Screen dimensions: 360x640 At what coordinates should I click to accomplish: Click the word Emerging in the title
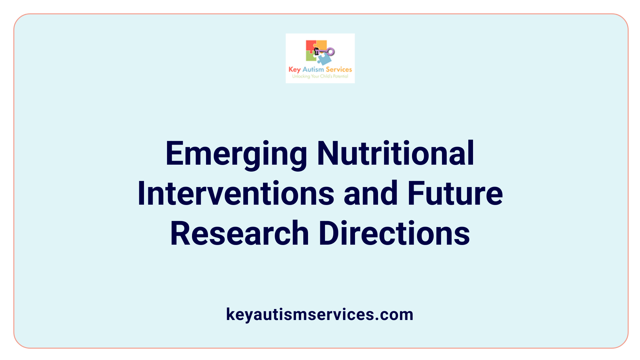236,154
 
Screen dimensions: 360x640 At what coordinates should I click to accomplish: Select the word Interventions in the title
236,193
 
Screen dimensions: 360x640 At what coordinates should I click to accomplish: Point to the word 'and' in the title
371,193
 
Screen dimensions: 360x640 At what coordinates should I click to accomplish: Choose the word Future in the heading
455,193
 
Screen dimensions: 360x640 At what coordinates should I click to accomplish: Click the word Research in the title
239,233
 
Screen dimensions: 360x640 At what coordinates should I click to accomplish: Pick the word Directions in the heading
394,233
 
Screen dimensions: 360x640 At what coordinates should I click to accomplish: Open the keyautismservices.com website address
320,314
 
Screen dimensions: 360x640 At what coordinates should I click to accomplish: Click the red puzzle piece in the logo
311,46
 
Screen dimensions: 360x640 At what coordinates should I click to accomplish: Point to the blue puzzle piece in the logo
324,59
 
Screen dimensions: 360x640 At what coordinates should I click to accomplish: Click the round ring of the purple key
331,52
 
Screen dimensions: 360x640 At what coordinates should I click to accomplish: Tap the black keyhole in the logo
317,51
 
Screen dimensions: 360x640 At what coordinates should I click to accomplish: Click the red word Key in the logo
295,70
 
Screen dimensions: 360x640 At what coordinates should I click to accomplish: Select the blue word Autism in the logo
313,70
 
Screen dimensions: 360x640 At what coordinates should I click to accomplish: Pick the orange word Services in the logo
339,69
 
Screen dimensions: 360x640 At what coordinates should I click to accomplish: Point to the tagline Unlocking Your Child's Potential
320,76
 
